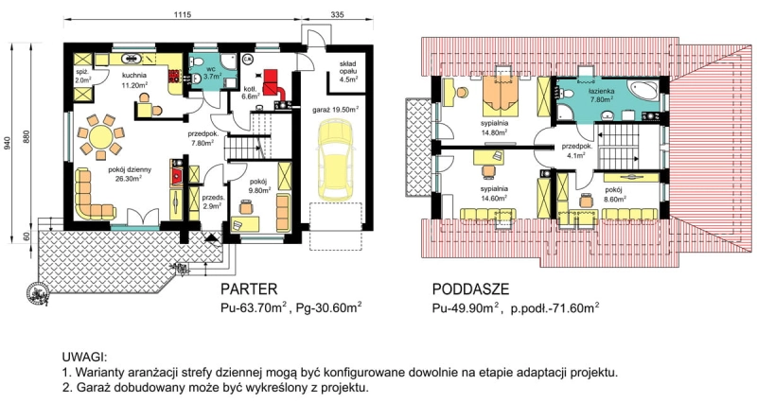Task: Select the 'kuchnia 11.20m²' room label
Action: tap(134, 80)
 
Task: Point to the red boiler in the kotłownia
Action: tap(273, 83)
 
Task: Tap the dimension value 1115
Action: tap(183, 15)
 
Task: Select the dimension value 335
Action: tap(338, 15)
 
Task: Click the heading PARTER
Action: tap(249, 289)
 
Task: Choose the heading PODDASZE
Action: tap(470, 289)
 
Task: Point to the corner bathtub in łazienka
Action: tap(643, 91)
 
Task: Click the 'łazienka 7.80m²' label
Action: tap(601, 95)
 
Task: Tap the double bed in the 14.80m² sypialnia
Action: tap(502, 94)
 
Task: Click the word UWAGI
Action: tap(83, 358)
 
